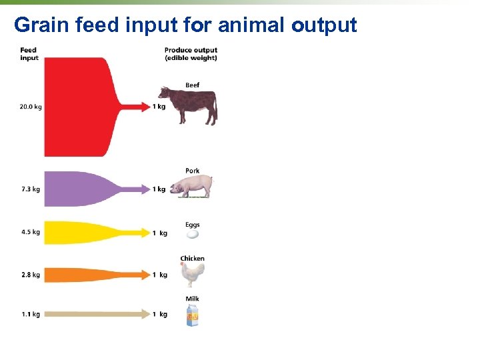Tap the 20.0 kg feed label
pyautogui.click(x=31, y=107)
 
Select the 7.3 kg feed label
pyautogui.click(x=31, y=189)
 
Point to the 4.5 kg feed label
pyautogui.click(x=31, y=233)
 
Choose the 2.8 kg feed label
pyautogui.click(x=31, y=275)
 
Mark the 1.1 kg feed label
pyautogui.click(x=31, y=314)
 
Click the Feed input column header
pyautogui.click(x=29, y=54)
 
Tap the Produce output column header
pyautogui.click(x=191, y=54)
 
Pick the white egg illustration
pyautogui.click(x=193, y=234)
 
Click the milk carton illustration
pyautogui.click(x=193, y=315)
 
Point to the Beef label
pyautogui.click(x=193, y=85)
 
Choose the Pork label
pyautogui.click(x=193, y=171)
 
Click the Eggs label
pyautogui.click(x=193, y=225)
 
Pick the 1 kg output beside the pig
pyautogui.click(x=159, y=189)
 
